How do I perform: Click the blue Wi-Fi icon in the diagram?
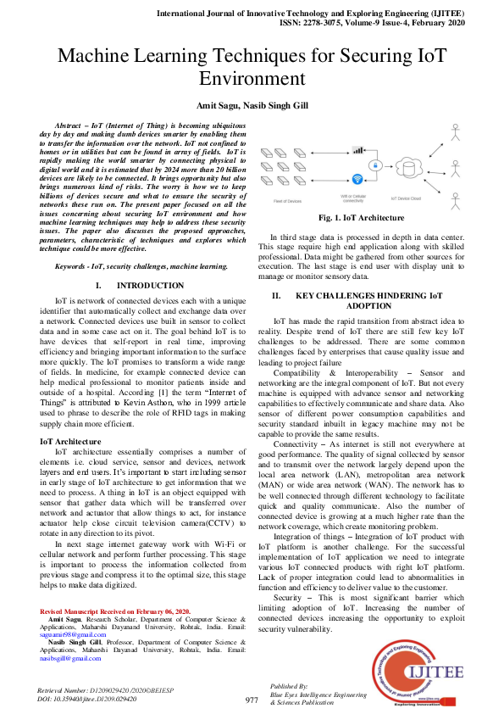coord(358,178)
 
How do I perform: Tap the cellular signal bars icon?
coord(358,150)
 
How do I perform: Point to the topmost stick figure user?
coord(455,131)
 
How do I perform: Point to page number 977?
coord(252,700)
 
